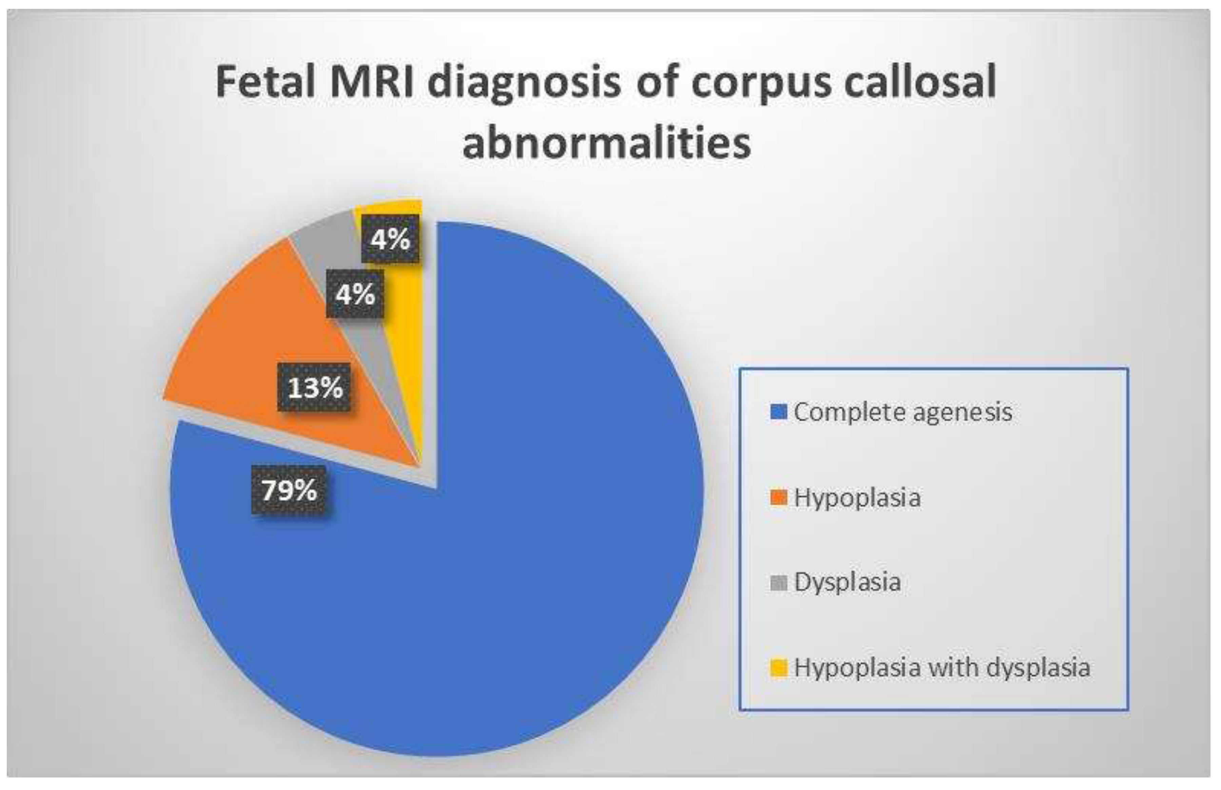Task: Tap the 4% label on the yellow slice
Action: pos(390,239)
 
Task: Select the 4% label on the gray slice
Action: pos(355,294)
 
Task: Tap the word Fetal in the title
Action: pos(265,82)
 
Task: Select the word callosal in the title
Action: pos(920,82)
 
